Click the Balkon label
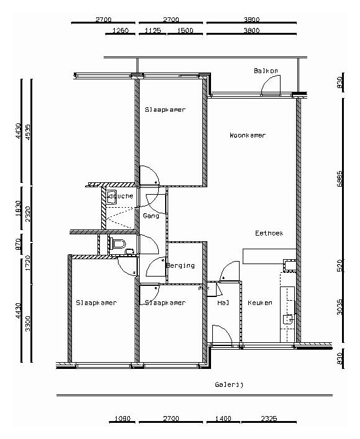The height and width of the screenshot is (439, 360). tap(265, 71)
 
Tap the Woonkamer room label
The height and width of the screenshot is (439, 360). tap(247, 135)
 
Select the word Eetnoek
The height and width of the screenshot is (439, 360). tap(269, 233)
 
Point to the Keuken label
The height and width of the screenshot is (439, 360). tap(259, 303)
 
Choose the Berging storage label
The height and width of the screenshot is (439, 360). tap(181, 265)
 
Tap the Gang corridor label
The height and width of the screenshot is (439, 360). tap(151, 216)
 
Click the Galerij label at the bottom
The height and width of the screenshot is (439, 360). tap(229, 384)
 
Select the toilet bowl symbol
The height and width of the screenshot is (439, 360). tap(119, 242)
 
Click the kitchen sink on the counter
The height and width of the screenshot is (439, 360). tap(287, 321)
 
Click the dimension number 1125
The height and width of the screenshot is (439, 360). tap(153, 30)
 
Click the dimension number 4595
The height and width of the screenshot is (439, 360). tap(27, 131)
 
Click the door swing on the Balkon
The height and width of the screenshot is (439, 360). tap(272, 86)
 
